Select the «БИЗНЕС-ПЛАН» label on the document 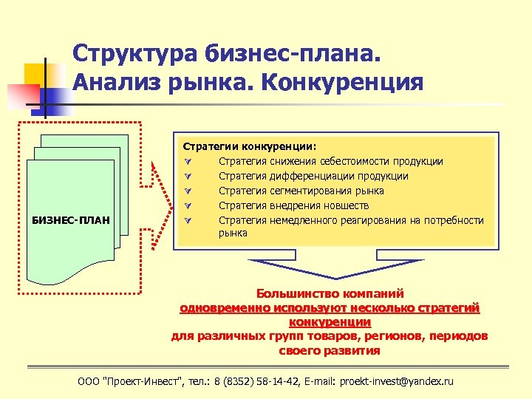pos(72,219)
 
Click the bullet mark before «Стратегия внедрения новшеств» pos(188,205)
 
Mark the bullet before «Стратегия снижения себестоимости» pos(188,161)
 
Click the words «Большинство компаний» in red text pos(330,293)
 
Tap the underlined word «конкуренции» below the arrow pos(330,321)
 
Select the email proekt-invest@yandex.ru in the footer pos(395,381)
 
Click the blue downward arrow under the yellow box pos(329,270)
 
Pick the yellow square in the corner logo pos(35,74)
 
